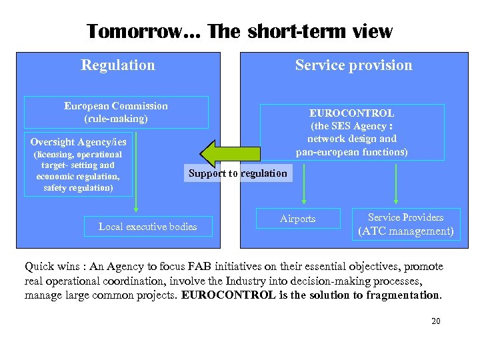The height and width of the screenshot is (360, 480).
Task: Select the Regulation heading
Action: (118, 65)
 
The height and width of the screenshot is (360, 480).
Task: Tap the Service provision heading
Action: (353, 65)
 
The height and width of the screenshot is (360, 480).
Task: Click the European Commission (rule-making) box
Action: (116, 112)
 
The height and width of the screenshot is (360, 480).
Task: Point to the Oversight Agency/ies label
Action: (78, 142)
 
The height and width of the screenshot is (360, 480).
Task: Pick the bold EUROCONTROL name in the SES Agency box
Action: (351, 113)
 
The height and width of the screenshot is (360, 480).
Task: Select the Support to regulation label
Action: (238, 173)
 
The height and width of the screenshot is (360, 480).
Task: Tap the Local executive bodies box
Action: (148, 227)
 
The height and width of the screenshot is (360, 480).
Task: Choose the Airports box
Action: (297, 219)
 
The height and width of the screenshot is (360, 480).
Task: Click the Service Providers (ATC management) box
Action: (405, 225)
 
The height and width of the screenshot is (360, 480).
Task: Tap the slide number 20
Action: (436, 321)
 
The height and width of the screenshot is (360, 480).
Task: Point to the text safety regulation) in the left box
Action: (78, 188)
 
